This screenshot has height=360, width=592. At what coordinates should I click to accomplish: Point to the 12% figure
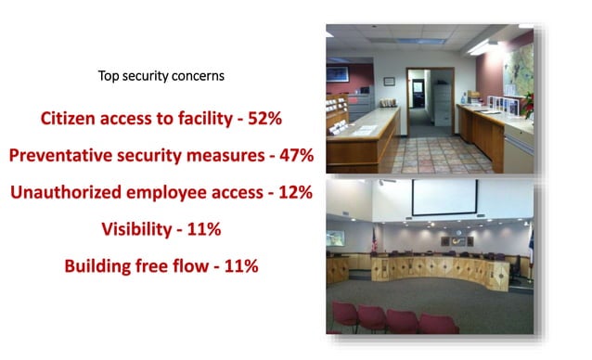pos(292,193)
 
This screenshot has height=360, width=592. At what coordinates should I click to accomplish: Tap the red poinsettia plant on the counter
pos(528,102)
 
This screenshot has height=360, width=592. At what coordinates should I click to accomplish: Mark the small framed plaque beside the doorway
pos(389,81)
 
